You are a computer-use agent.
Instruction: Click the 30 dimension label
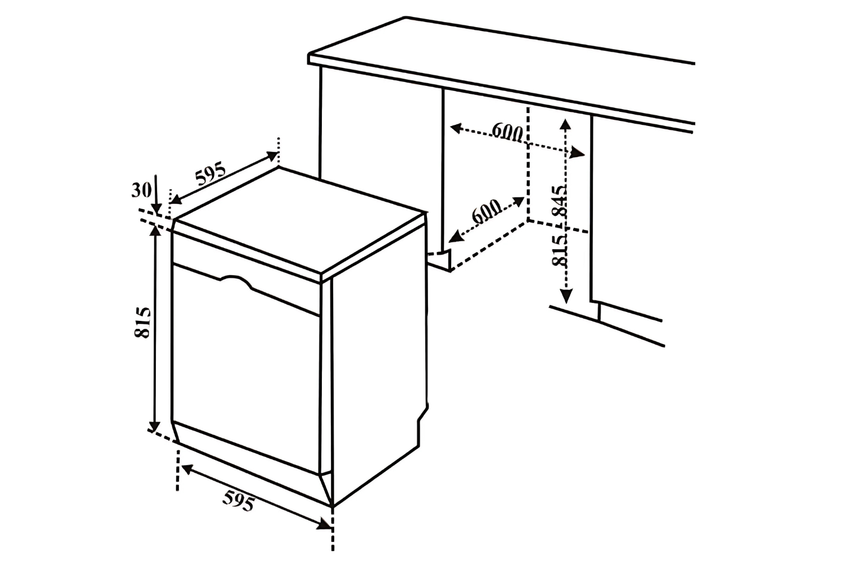point(141,190)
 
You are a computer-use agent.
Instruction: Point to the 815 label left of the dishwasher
point(142,322)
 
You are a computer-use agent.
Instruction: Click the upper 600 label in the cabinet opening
point(507,132)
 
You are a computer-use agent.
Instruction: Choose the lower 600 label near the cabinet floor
point(487,211)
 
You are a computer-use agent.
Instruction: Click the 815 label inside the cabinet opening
point(560,250)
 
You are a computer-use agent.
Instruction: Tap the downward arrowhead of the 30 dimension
point(156,210)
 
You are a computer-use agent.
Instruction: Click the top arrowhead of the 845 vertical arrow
point(565,125)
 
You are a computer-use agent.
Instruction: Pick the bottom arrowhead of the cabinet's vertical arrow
point(566,295)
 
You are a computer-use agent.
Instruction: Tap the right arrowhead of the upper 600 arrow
point(578,153)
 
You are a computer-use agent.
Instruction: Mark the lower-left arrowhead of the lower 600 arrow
point(456,237)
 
